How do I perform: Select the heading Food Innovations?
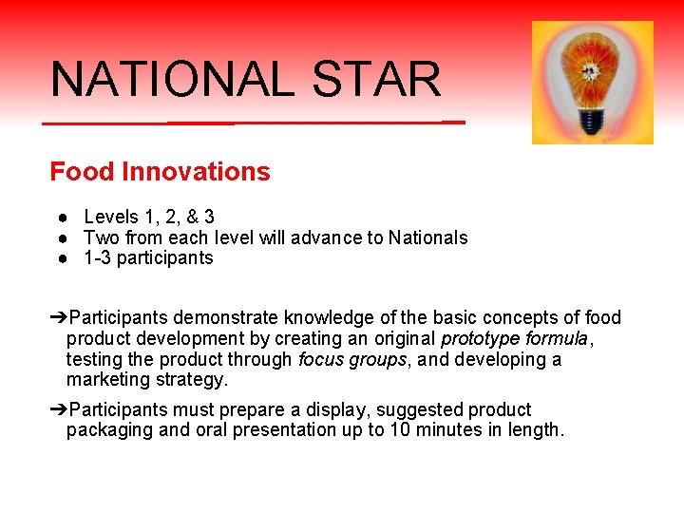click(160, 172)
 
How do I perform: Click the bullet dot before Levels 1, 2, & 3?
click(61, 218)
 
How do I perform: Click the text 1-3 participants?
click(148, 258)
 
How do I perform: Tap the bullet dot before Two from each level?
click(61, 238)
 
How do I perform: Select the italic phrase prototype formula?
click(514, 338)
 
